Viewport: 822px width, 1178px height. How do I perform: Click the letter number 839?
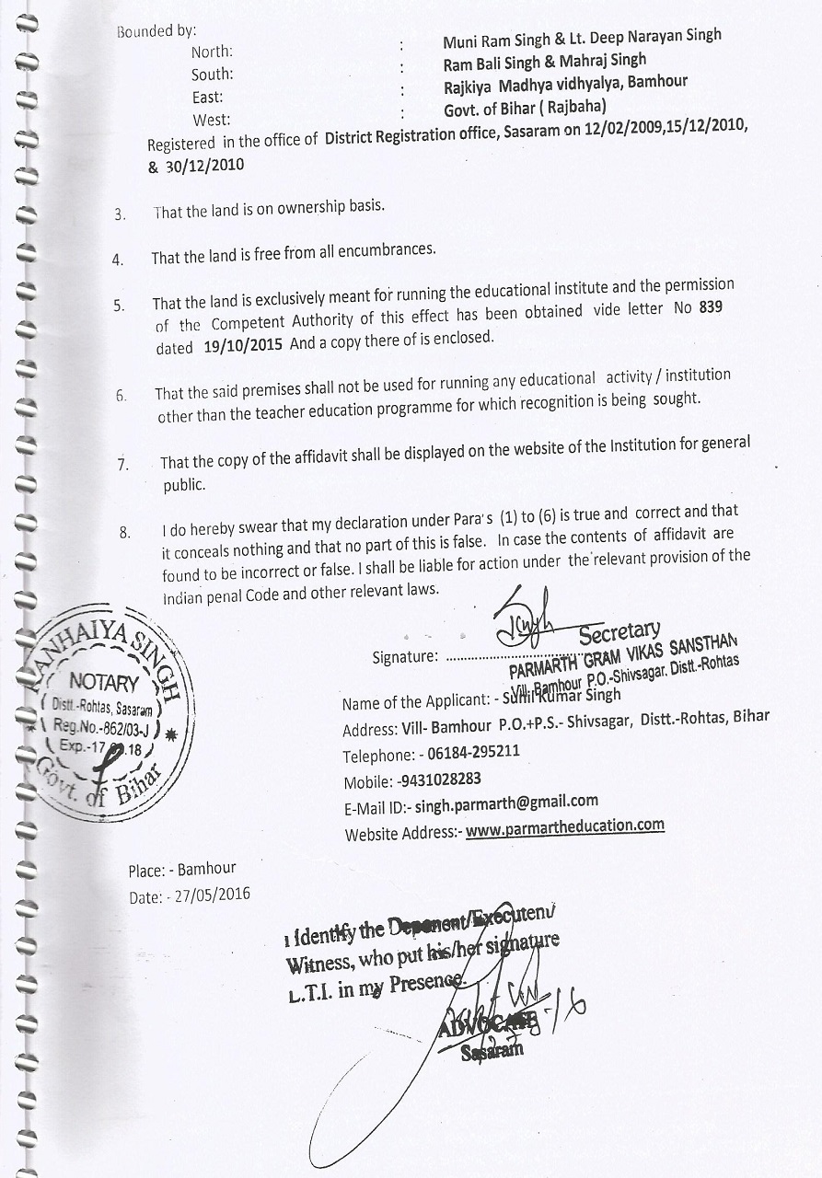point(710,308)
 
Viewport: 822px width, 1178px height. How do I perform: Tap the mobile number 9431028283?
point(440,779)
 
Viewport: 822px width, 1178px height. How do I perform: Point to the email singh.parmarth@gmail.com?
point(506,803)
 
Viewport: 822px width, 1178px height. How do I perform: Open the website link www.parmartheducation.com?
point(565,826)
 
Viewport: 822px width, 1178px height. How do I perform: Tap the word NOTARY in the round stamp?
point(104,683)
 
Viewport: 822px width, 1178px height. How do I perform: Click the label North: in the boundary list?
point(212,52)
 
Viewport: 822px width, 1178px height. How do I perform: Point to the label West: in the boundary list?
point(212,120)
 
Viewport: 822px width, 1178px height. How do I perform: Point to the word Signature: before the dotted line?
point(404,657)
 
